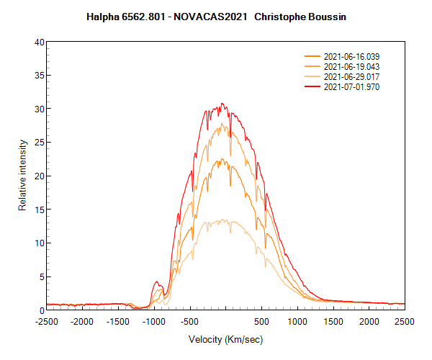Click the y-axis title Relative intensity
pos(22,176)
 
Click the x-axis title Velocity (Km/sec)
pos(225,339)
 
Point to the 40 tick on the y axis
pos(40,42)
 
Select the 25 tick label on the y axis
pos(40,143)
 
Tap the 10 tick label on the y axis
pos(40,243)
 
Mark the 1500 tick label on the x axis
pos(333,322)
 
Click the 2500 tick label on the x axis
pos(405,322)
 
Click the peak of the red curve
pos(222,104)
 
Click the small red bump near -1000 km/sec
pos(158,282)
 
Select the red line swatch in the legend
pos(312,86)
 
